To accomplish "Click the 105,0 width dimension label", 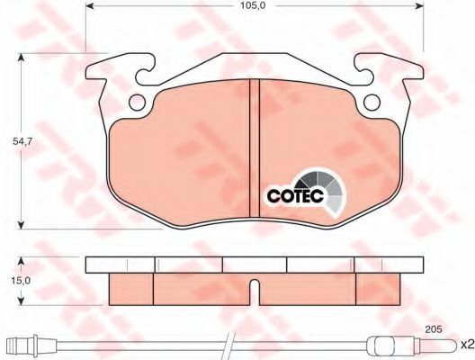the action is [x=253, y=5].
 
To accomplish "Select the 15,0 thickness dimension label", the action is [x=21, y=281].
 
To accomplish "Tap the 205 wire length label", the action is [x=434, y=329].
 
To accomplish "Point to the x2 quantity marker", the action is [x=467, y=345].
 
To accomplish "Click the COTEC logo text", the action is [x=295, y=195].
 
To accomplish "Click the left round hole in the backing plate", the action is [x=137, y=103].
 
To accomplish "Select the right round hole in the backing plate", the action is [x=372, y=103].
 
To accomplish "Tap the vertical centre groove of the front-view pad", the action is [x=255, y=148].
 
